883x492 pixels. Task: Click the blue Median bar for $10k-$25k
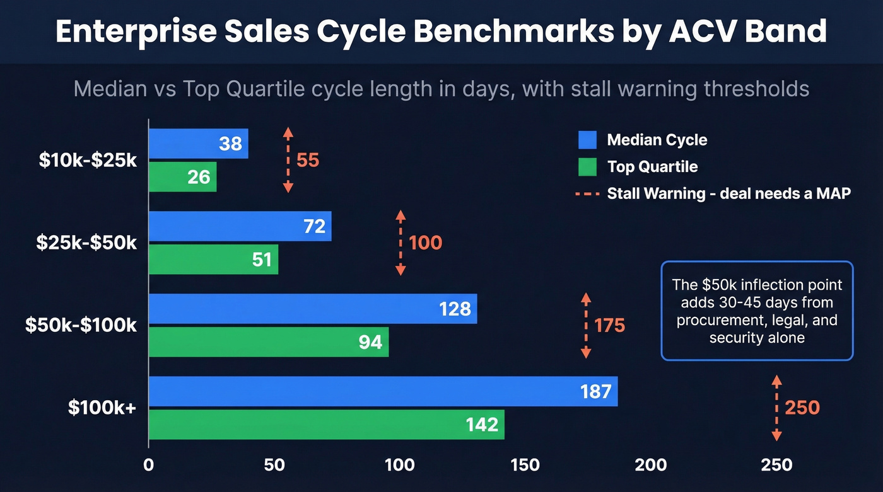coord(198,144)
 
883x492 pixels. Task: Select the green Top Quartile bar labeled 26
coord(182,177)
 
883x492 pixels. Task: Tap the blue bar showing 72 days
coord(240,226)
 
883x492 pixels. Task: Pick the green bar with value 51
coord(213,259)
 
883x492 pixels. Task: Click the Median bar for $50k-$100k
coord(312,309)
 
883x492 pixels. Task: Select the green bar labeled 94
coord(268,342)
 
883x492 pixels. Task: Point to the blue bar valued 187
coord(383,391)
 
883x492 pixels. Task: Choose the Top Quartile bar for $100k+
coord(326,425)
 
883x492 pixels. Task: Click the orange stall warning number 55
coord(308,160)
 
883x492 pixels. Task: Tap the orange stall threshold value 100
coord(426,243)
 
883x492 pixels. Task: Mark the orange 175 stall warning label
coord(609,326)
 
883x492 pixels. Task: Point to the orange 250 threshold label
coord(802,408)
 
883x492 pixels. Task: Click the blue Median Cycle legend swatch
coord(587,140)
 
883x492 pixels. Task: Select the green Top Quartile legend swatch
coord(587,167)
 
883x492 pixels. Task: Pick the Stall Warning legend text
coord(728,193)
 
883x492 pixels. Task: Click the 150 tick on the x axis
coord(525,465)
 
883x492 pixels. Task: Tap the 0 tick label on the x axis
coord(149,465)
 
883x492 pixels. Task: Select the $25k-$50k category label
coord(87,243)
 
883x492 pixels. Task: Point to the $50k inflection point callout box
coord(757,311)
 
